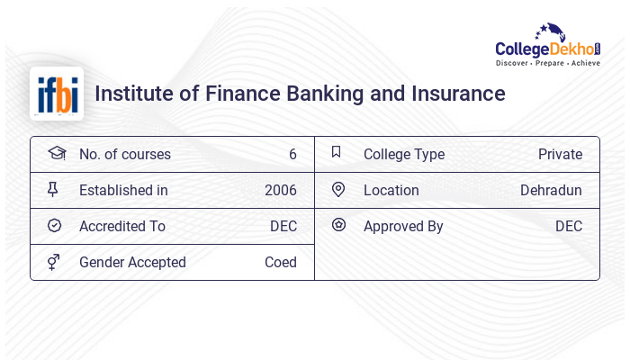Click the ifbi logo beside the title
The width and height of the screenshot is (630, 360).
point(56,94)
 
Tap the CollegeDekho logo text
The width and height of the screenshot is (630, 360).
point(548,49)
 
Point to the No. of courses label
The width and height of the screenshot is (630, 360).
point(124,154)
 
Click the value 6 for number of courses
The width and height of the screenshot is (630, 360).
point(292,154)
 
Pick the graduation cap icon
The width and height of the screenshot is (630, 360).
point(56,153)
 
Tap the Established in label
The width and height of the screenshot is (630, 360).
point(123,190)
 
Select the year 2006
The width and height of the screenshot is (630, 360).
point(280,190)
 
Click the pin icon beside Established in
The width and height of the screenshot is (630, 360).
point(54,189)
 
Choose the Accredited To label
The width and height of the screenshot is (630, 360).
point(122,226)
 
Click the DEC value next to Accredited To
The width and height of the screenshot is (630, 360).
point(283,226)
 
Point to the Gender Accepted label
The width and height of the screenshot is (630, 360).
point(132,262)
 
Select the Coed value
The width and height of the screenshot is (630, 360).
point(280,262)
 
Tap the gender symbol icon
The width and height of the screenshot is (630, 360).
point(54,261)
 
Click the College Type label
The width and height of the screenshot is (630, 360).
point(403,154)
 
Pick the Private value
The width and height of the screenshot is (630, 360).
point(560,154)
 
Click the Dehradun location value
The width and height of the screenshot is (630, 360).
point(551,190)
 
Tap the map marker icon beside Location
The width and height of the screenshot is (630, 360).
point(338,189)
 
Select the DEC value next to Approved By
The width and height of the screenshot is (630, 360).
point(568,226)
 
